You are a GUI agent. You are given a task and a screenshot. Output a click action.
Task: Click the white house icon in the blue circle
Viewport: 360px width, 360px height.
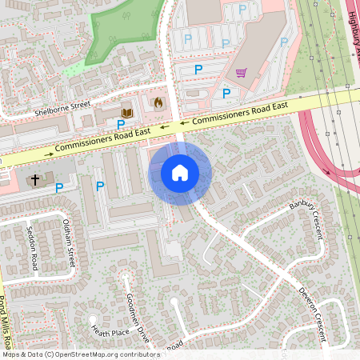pos(180,172)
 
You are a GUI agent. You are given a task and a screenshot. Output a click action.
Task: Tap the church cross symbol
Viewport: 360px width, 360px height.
pos(34,180)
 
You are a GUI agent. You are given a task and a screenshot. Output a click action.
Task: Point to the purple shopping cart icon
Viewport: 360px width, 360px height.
pos(241,73)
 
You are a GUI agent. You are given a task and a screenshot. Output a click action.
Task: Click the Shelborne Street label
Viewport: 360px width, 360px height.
pos(63,109)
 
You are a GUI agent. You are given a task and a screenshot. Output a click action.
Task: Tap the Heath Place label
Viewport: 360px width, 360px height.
pos(110,331)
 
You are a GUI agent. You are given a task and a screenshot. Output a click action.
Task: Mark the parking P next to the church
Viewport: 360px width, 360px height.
pos(59,188)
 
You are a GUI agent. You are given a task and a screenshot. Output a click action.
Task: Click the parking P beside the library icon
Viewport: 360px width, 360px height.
pos(121,125)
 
